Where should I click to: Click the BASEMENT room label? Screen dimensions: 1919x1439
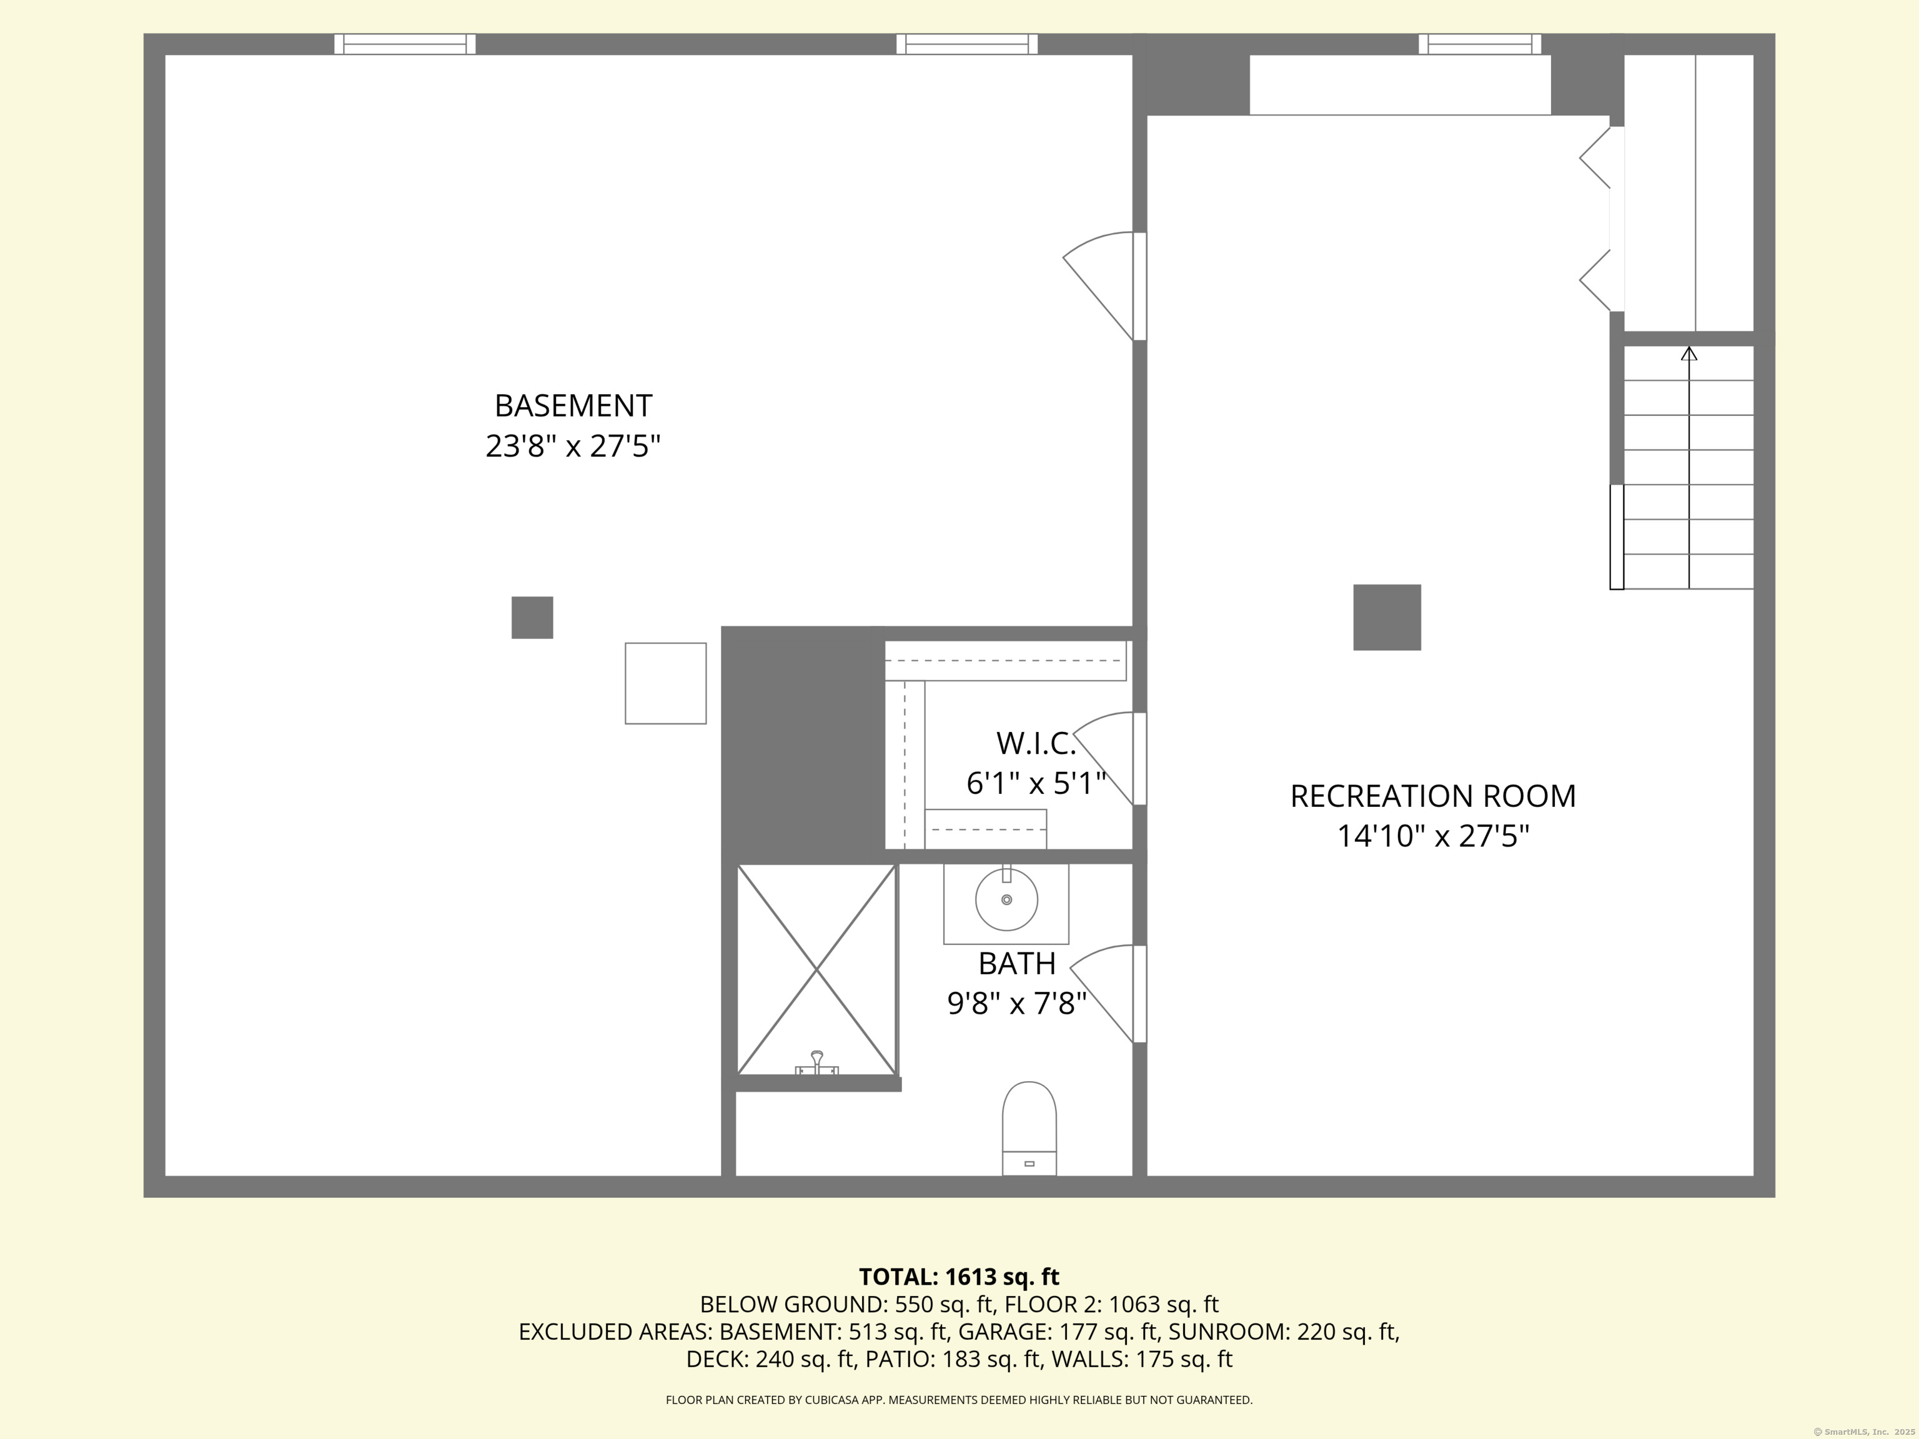pyautogui.click(x=573, y=406)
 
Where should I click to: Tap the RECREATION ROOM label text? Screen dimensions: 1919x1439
pyautogui.click(x=1432, y=796)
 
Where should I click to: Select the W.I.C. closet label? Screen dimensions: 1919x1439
pyautogui.click(x=1036, y=743)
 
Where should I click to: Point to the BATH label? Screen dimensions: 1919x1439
pyautogui.click(x=1017, y=964)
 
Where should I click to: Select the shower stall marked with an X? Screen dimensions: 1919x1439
pyautogui.click(x=816, y=970)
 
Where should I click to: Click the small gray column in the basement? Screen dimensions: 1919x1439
pyautogui.click(x=532, y=618)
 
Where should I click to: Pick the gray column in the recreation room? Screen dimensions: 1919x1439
pyautogui.click(x=1387, y=618)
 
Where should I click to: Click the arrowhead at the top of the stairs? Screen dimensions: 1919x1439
pyautogui.click(x=1689, y=354)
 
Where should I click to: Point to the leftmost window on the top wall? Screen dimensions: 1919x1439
pyautogui.click(x=405, y=44)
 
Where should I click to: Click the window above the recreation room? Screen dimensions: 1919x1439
pyautogui.click(x=1480, y=44)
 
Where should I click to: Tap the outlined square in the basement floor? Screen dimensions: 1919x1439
pyautogui.click(x=665, y=683)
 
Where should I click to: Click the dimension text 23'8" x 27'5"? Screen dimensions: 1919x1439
pyautogui.click(x=573, y=446)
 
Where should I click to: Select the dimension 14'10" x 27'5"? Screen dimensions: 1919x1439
pyautogui.click(x=1432, y=836)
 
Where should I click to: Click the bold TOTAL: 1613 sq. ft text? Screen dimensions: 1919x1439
pyautogui.click(x=959, y=1277)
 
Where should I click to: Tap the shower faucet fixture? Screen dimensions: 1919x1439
pyautogui.click(x=816, y=1064)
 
